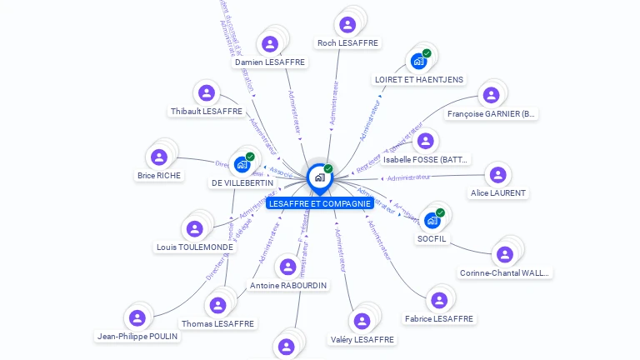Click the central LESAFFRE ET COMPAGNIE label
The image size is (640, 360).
tap(320, 203)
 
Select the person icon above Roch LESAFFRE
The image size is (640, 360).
tap(347, 22)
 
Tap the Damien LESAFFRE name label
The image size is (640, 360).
tap(270, 62)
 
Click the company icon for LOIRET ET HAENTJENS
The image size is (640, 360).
tap(417, 61)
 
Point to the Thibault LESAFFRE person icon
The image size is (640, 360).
tap(206, 93)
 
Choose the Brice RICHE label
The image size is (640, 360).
tap(158, 176)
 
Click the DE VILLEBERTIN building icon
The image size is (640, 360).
tap(242, 164)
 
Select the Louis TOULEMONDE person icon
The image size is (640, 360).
tap(194, 228)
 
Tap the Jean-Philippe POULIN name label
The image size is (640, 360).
tap(137, 337)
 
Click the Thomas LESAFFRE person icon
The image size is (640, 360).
tap(217, 305)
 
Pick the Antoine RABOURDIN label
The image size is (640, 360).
tap(288, 285)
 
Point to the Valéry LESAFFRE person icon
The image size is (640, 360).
tap(362, 321)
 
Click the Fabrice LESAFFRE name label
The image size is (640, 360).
tap(439, 318)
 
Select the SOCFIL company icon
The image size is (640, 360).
tap(432, 220)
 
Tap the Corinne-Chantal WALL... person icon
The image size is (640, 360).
tap(504, 254)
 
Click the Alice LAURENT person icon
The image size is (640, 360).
tap(497, 175)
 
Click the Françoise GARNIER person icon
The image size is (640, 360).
tap(491, 95)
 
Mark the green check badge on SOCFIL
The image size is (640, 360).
tap(440, 212)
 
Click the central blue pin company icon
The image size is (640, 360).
tap(319, 177)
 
